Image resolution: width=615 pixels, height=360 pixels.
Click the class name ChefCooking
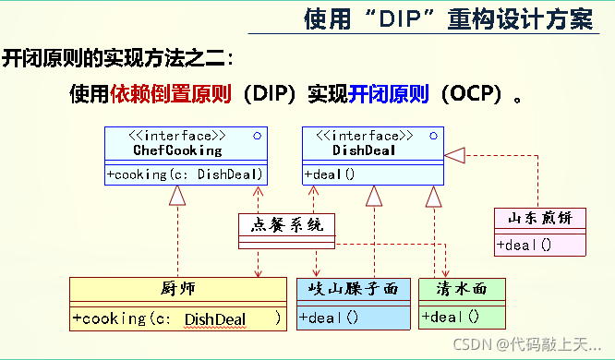point(177,150)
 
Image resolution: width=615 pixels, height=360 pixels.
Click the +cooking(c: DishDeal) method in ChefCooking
point(185,174)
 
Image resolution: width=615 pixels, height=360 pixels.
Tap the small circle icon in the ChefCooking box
point(256,136)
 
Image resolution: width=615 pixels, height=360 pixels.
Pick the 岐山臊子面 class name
point(353,290)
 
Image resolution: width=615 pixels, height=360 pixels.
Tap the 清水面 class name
point(461,290)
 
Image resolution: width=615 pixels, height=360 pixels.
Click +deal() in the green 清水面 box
point(451,317)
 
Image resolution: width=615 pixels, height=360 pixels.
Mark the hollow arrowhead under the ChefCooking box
point(178,194)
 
